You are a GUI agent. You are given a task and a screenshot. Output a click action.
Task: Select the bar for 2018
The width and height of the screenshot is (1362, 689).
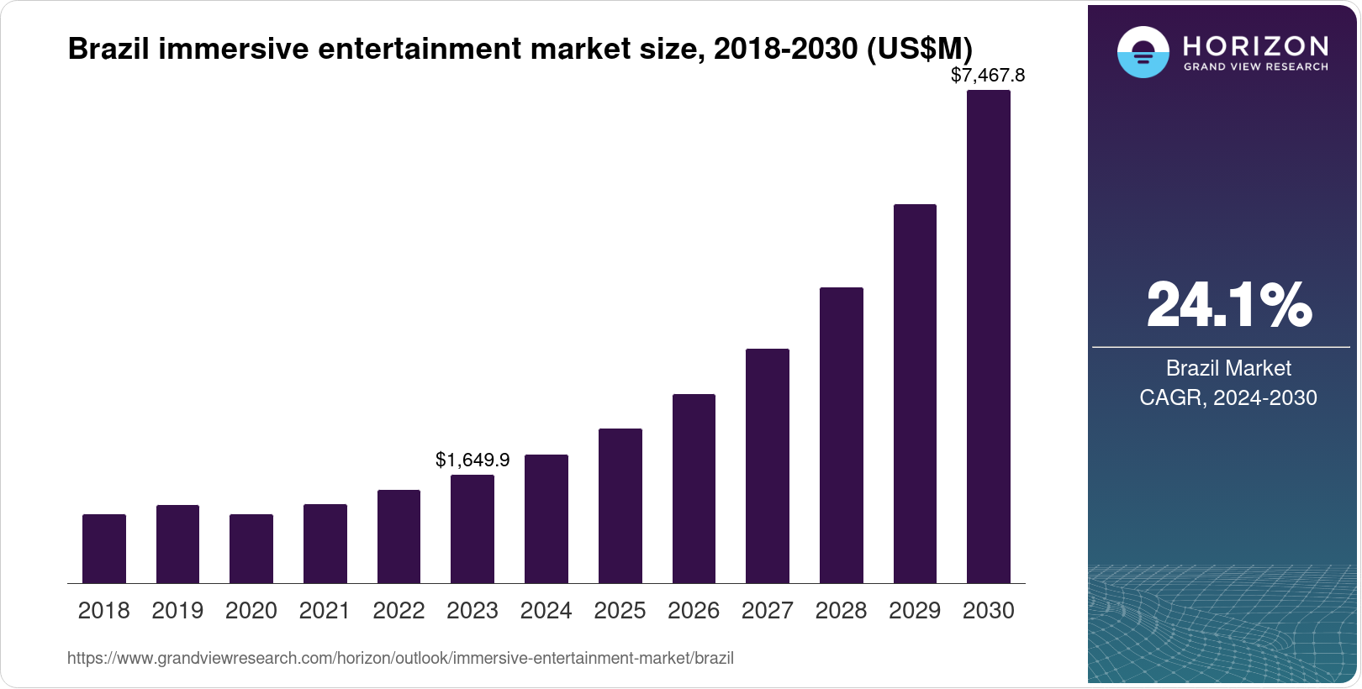(104, 549)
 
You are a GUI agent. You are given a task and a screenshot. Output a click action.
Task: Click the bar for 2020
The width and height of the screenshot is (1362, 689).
(251, 549)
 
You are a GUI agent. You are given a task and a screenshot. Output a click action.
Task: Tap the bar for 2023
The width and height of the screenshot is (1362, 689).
(472, 529)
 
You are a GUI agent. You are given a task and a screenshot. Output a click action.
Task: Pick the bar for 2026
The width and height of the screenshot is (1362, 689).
(694, 489)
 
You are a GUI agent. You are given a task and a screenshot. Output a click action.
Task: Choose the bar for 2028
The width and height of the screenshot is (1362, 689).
(841, 435)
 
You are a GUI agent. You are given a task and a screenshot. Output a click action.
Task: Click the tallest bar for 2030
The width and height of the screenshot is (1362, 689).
(989, 336)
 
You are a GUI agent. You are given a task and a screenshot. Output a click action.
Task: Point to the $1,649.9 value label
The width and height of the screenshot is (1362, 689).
(472, 460)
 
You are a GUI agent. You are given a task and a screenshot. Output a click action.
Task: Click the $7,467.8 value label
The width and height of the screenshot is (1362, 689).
(988, 76)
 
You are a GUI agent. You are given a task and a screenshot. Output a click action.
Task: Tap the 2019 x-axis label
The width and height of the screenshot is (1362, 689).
(177, 611)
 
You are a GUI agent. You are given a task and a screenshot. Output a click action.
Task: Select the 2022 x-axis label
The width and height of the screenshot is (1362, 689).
(399, 611)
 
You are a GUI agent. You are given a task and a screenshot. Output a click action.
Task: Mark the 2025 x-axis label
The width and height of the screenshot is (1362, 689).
(620, 611)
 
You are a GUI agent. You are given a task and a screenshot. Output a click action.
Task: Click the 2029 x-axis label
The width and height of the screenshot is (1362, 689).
(915, 611)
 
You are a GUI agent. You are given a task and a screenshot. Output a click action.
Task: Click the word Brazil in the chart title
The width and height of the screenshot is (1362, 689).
(108, 49)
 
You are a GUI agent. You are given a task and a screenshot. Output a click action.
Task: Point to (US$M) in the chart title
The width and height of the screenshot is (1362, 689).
(919, 49)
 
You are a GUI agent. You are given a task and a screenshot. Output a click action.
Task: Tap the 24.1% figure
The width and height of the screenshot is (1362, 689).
(1228, 305)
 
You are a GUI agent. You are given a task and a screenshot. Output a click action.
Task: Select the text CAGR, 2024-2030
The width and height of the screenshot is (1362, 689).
(1228, 397)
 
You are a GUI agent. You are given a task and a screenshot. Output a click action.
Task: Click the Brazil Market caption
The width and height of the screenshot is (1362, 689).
(1228, 368)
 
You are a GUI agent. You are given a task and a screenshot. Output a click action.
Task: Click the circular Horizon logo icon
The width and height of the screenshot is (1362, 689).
(1143, 52)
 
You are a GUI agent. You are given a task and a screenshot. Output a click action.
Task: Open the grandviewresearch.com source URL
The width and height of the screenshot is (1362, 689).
(400, 659)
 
